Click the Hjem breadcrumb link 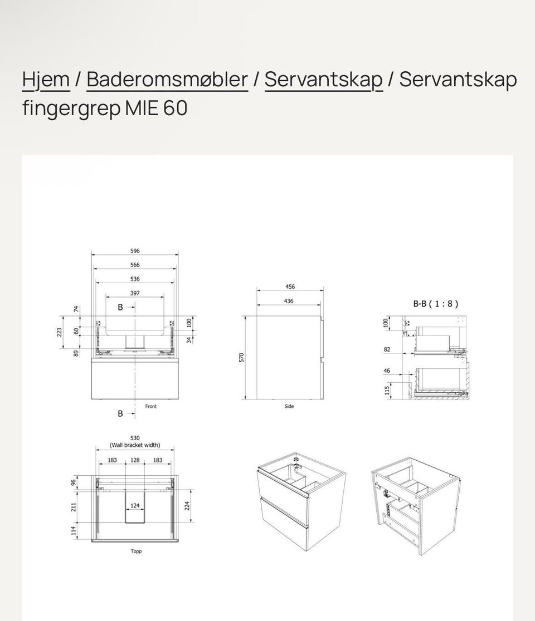point(46,80)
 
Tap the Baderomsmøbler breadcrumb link point(167,80)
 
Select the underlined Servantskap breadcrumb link point(323,80)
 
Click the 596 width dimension point(135,251)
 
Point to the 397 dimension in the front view point(135,293)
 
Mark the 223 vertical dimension point(59,332)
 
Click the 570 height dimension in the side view point(241,357)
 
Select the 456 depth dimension point(290,287)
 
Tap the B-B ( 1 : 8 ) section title point(435,304)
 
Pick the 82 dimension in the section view point(387,349)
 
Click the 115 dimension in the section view point(387,390)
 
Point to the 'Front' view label point(150,406)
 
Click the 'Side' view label point(289,406)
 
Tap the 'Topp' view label point(136,551)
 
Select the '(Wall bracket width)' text point(135,445)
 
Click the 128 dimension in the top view point(135,460)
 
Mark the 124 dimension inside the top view point(135,506)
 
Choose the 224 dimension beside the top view point(188,505)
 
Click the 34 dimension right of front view point(189,339)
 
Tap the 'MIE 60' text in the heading point(156,108)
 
